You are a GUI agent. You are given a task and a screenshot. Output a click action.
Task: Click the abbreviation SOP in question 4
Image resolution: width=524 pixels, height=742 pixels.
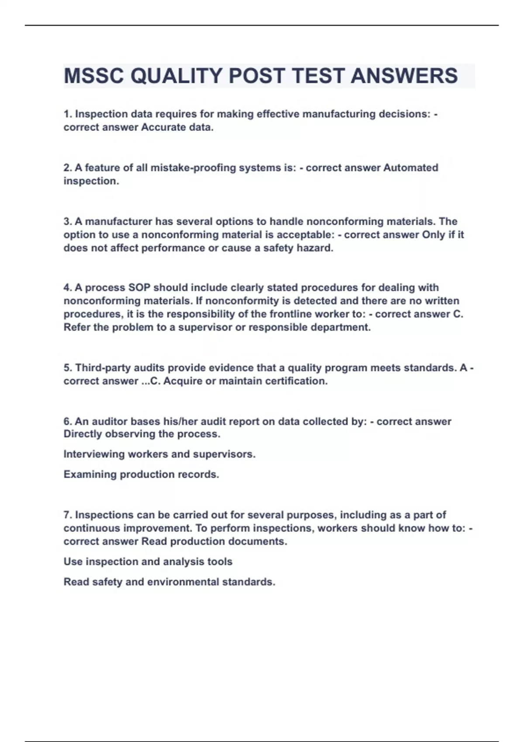139,288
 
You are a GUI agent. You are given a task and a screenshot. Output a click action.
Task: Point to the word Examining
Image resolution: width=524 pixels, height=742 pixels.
90,474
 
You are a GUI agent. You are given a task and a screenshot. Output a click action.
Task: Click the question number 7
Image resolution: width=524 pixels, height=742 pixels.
68,515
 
